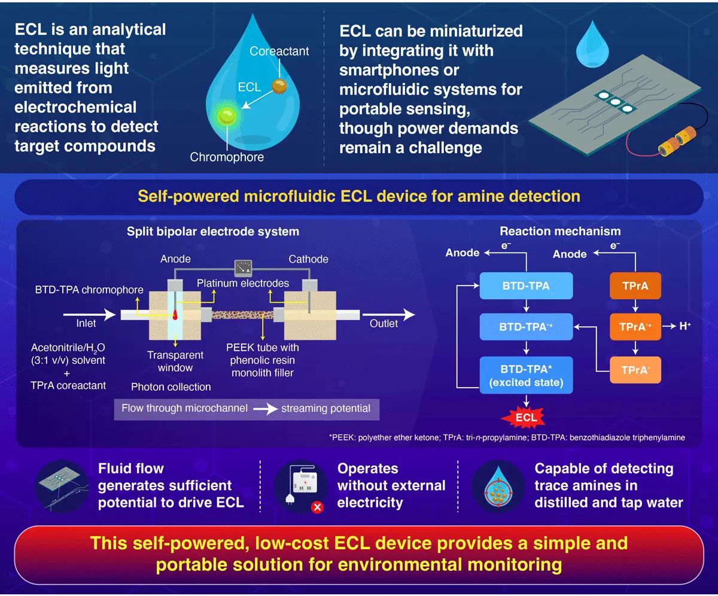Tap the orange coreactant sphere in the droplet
tap(279, 87)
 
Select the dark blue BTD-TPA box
tap(526, 286)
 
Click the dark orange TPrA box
tap(635, 286)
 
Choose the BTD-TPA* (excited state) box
tap(526, 376)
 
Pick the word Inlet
tap(86, 324)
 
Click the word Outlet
tap(383, 324)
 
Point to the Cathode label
tap(308, 259)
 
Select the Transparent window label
tap(175, 360)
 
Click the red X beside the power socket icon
tap(317, 507)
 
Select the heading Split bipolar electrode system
tap(213, 231)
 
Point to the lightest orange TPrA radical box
tap(635, 370)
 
